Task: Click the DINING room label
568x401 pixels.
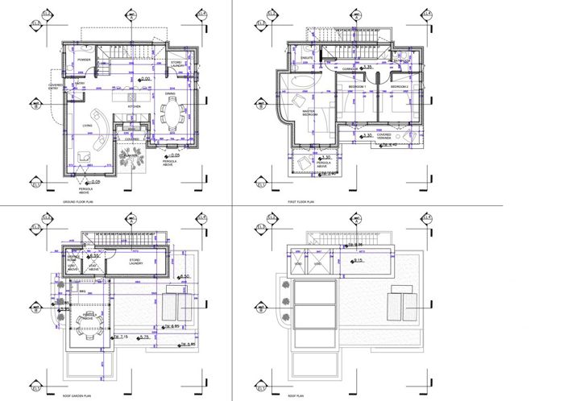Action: click(x=171, y=94)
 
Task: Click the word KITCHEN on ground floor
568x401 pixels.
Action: click(x=134, y=106)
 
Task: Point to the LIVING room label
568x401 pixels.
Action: click(x=87, y=125)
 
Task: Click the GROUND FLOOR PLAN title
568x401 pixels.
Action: click(x=77, y=202)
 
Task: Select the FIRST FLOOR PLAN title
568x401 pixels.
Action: click(x=303, y=202)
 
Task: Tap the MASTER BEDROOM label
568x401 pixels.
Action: click(x=309, y=114)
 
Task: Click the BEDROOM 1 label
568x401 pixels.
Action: click(x=357, y=86)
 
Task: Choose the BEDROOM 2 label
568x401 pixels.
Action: click(x=400, y=86)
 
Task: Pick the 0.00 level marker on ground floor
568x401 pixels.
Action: click(x=146, y=79)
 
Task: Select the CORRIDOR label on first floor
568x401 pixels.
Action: click(x=350, y=69)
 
